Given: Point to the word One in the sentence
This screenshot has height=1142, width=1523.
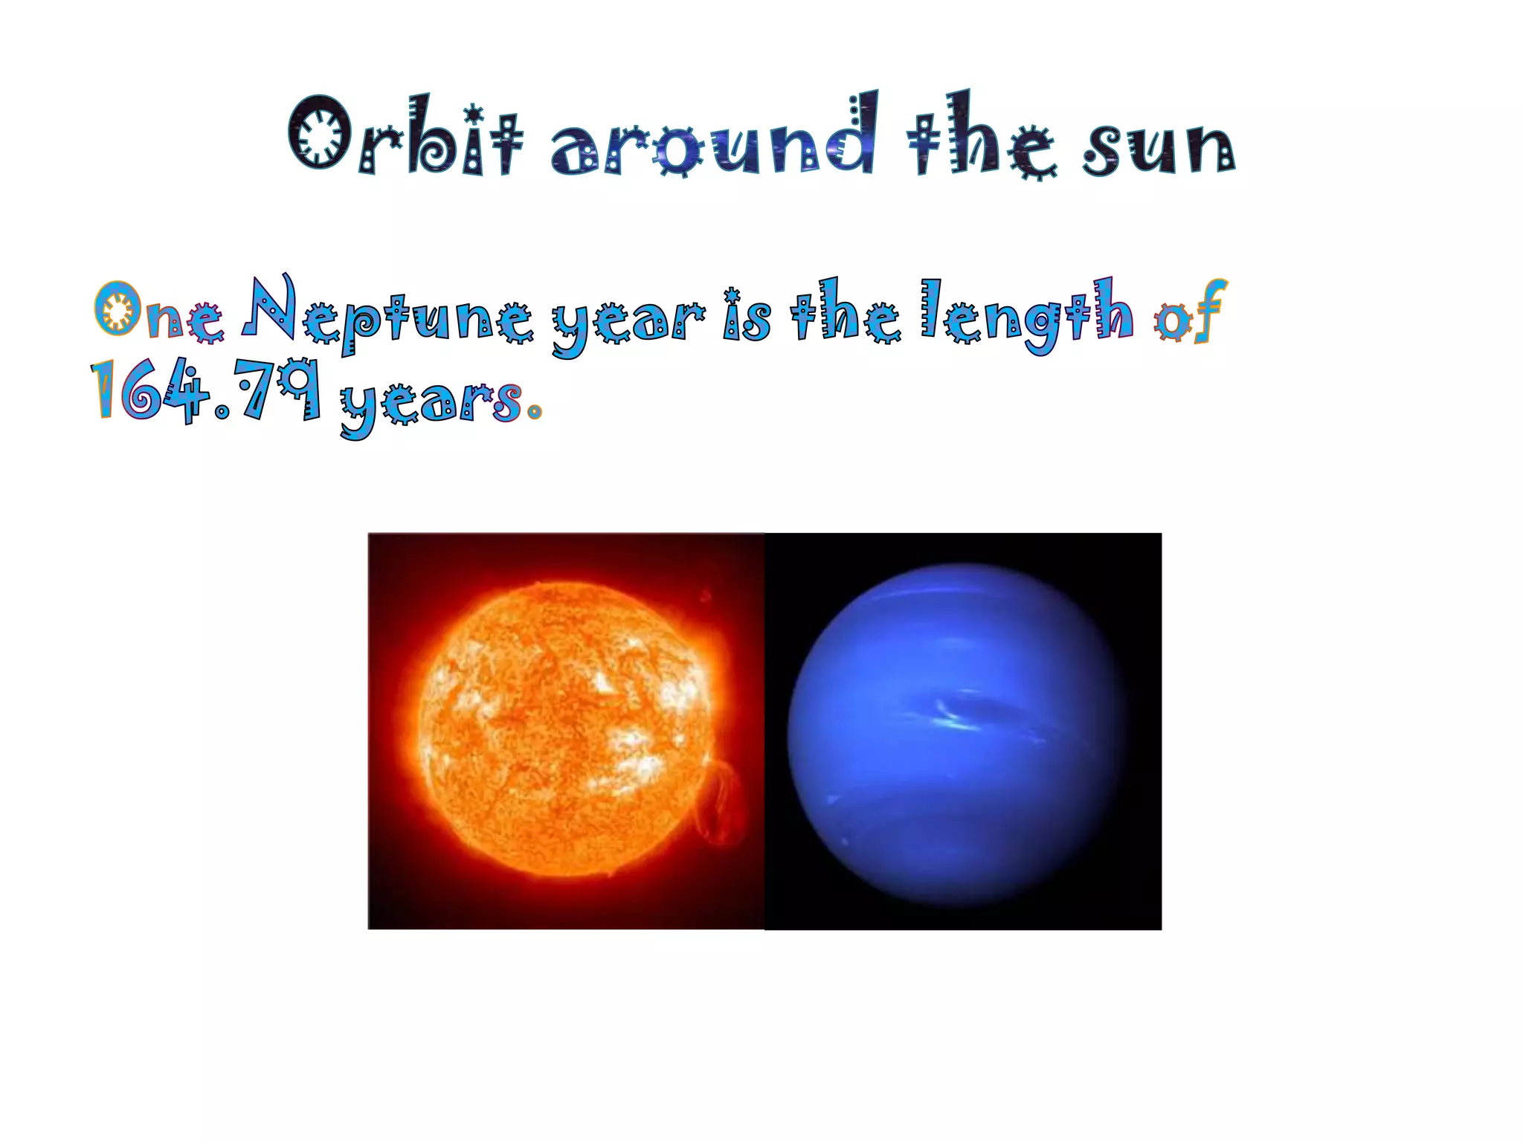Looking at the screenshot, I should [x=158, y=312].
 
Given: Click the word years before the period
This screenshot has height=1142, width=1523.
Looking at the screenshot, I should [x=431, y=401].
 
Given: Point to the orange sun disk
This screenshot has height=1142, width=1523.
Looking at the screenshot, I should [x=565, y=729].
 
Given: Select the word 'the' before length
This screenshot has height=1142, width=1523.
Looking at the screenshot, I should [x=845, y=312].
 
